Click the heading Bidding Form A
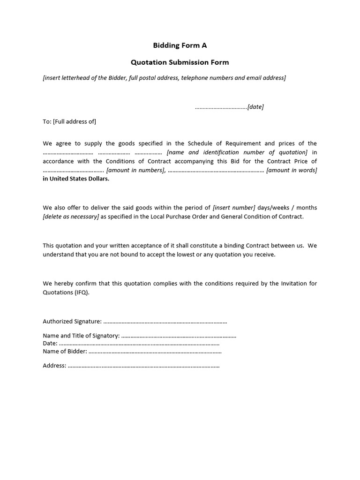180,45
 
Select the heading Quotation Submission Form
180,62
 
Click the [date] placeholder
255,107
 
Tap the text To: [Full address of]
69,121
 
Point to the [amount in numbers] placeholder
135,170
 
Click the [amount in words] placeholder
292,170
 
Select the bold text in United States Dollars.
76,179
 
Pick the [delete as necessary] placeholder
71,217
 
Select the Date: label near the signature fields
50,344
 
